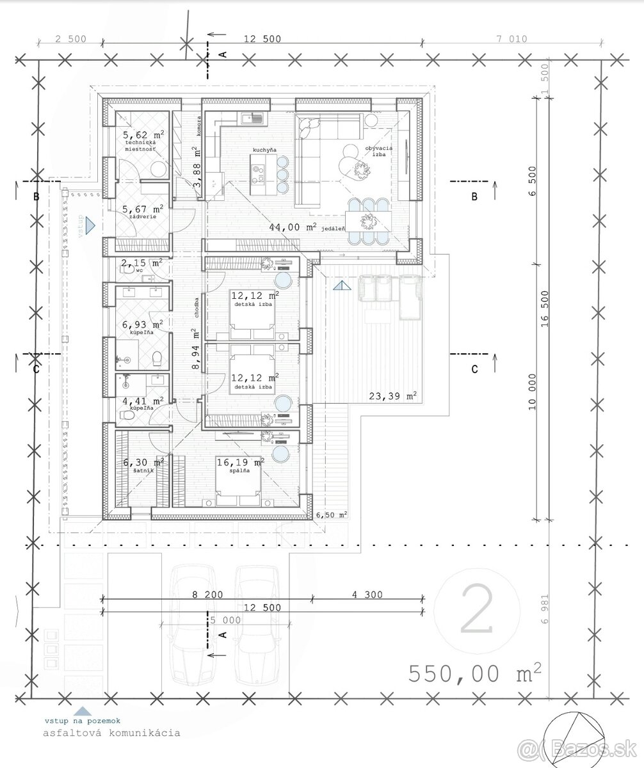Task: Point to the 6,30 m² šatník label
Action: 143,462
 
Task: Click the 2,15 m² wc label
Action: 143,263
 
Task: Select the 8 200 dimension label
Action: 207,595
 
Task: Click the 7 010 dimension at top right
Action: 511,39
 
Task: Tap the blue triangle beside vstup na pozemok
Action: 81,709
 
